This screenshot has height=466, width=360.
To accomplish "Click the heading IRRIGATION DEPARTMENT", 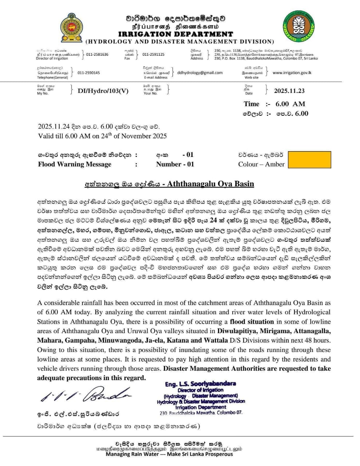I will point(176,34).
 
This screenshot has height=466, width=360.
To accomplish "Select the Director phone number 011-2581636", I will point(97,55).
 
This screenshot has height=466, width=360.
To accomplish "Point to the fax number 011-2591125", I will point(153,55).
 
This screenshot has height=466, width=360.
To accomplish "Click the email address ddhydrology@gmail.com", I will point(200,73).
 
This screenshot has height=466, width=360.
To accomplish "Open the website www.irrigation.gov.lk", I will point(292,73).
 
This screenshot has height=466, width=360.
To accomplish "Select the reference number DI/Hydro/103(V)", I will point(103,91).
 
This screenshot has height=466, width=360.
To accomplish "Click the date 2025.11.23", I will point(289,91).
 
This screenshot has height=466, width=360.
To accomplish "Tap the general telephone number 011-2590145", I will point(88,73).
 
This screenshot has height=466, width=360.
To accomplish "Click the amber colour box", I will point(309,160).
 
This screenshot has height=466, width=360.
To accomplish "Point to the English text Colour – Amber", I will point(261,164).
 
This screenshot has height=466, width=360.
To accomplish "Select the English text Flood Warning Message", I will point(75,164).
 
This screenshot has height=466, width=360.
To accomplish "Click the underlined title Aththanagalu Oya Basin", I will point(210,183).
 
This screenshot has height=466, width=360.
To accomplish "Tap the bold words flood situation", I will point(252,322).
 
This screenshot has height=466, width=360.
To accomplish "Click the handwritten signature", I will point(86,394).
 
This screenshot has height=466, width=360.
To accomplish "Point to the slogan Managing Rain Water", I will point(132,454).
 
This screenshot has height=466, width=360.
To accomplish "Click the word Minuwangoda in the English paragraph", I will point(116,341).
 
